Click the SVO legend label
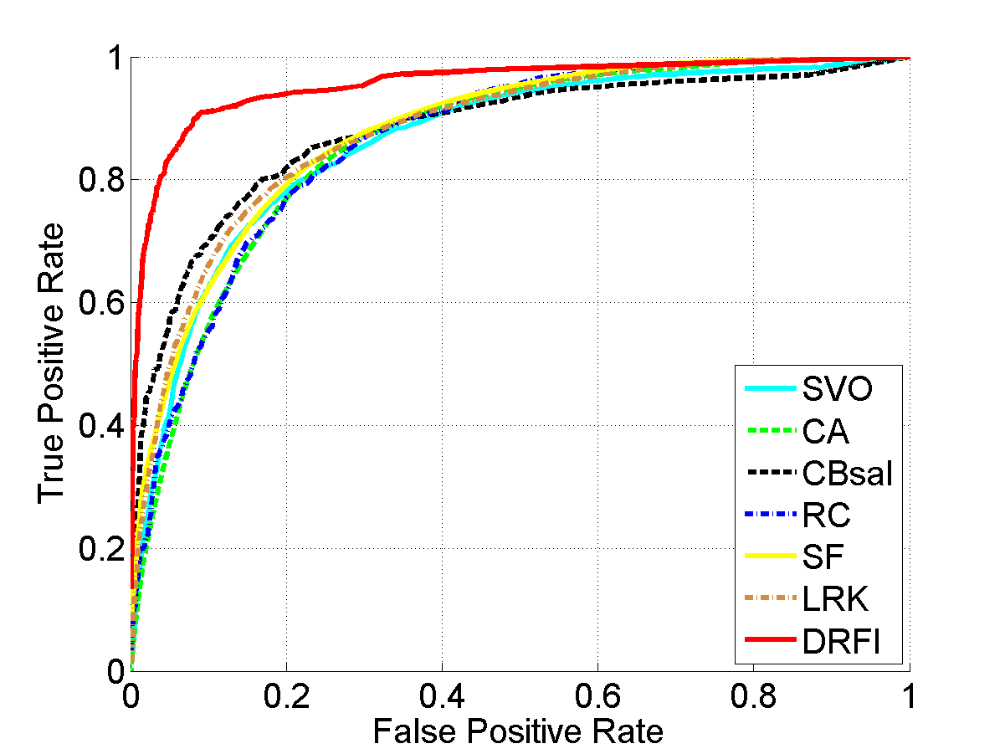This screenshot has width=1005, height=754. [837, 389]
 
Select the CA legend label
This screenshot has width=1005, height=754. [825, 432]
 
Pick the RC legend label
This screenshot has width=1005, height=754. [826, 515]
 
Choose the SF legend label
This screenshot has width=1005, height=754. [823, 557]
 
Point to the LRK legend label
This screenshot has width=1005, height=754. [836, 599]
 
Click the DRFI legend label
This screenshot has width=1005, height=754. [842, 642]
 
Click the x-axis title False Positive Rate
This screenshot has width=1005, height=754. [518, 731]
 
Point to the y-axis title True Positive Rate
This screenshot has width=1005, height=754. [52, 362]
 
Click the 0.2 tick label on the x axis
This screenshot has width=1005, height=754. [286, 696]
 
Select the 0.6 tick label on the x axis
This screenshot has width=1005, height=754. [597, 696]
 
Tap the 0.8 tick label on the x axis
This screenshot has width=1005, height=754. [753, 696]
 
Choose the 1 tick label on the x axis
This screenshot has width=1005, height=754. [909, 696]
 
